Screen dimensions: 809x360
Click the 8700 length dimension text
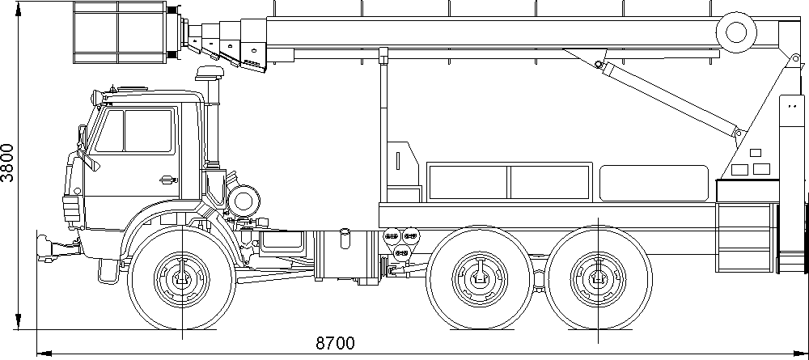tap(336, 343)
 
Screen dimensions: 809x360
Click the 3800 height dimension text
tap(9, 163)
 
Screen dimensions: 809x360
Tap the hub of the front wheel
tap(182, 278)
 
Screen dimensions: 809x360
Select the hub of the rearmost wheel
tap(598, 278)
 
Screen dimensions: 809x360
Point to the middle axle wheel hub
tap(481, 278)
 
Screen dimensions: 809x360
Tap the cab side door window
tap(134, 131)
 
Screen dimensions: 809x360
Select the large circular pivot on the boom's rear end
tap(736, 32)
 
